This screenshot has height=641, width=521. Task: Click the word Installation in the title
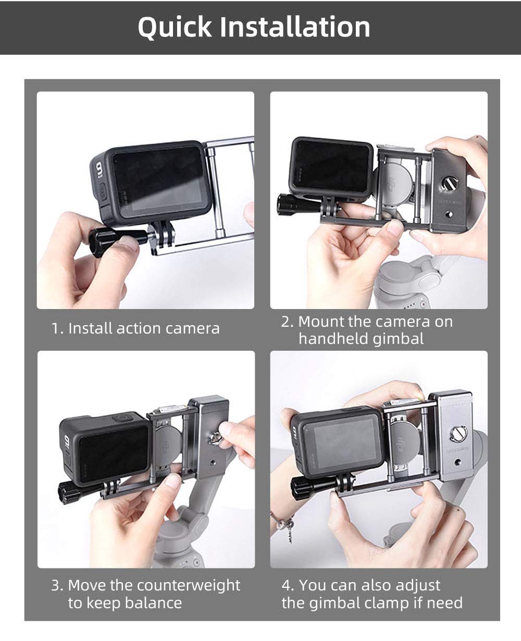294,27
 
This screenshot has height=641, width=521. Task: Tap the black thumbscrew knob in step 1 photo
107,239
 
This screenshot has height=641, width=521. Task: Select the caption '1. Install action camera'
135,328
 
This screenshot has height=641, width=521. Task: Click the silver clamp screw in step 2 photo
448,183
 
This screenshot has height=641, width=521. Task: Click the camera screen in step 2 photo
331,166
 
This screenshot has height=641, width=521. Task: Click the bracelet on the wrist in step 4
284,522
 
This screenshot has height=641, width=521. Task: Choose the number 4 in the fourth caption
287,585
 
